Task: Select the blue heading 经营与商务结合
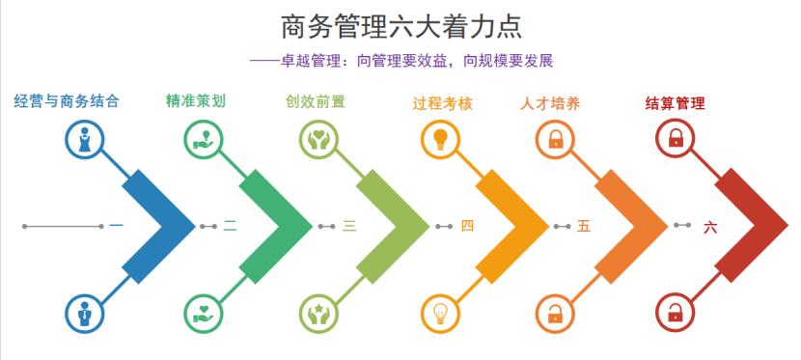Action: pyautogui.click(x=67, y=100)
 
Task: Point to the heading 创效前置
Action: pyautogui.click(x=315, y=100)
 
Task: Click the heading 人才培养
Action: pyautogui.click(x=550, y=101)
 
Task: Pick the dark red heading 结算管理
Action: pyautogui.click(x=675, y=101)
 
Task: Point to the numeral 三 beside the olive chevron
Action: pyautogui.click(x=349, y=227)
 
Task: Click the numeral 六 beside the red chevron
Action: pyautogui.click(x=710, y=227)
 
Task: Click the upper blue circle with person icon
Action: pyautogui.click(x=85, y=139)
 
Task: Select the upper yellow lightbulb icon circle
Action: pyautogui.click(x=440, y=139)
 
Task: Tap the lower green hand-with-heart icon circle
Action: pyautogui.click(x=203, y=313)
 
